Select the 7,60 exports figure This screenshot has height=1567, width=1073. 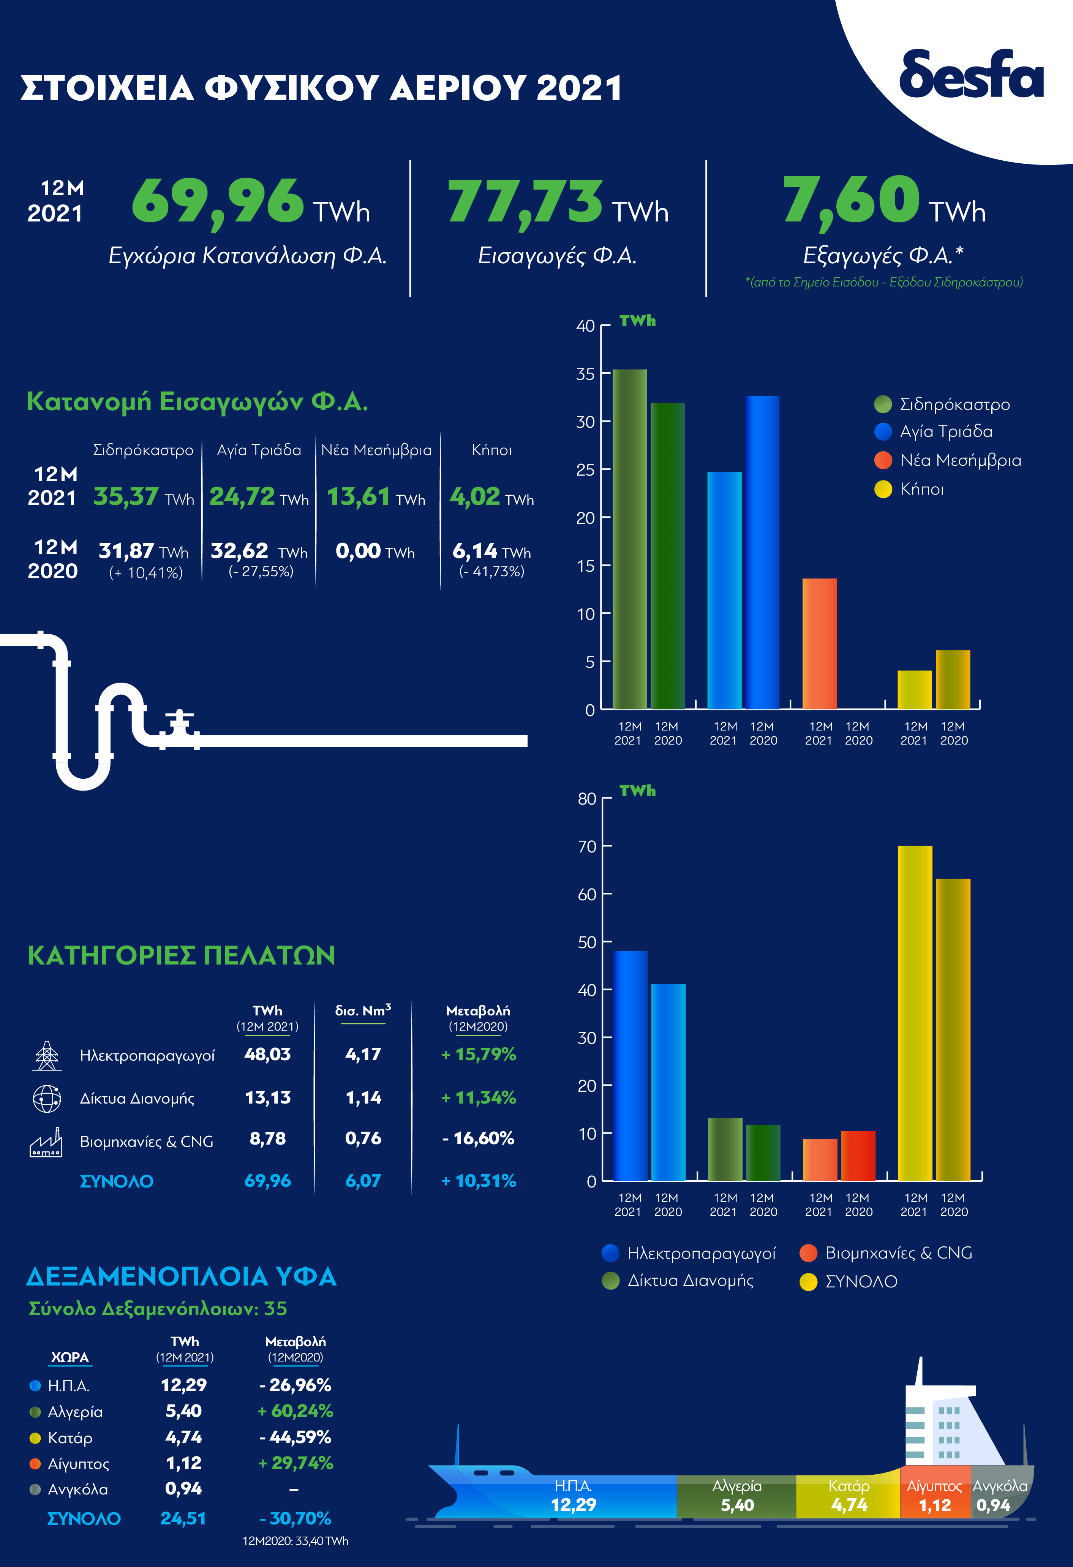point(851,199)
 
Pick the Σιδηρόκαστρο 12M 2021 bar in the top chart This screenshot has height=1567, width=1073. point(629,539)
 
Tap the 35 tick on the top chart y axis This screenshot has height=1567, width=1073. point(585,374)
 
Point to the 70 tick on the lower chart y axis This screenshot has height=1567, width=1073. point(586,846)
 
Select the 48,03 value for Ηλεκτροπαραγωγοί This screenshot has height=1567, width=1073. point(267,1054)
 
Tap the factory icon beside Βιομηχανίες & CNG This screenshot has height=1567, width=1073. point(46,1142)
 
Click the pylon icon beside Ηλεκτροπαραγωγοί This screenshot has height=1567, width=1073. point(46,1055)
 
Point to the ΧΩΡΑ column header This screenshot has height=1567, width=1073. point(70,1357)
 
